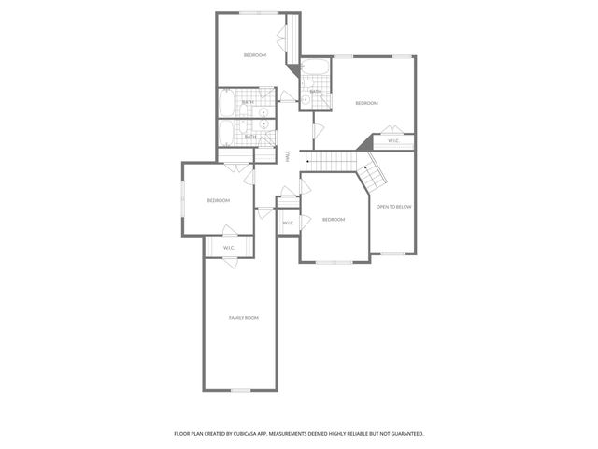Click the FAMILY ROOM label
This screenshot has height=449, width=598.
pyautogui.click(x=244, y=318)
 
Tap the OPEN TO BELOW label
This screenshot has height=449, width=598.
pyautogui.click(x=394, y=206)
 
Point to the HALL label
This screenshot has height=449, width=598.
pyautogui.click(x=288, y=156)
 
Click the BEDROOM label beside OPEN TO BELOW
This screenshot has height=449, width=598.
pyautogui.click(x=334, y=219)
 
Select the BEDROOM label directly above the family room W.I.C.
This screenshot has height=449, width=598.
pyautogui.click(x=218, y=200)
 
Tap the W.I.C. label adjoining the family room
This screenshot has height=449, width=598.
pyautogui.click(x=228, y=247)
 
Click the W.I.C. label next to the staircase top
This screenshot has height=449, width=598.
pyautogui.click(x=394, y=141)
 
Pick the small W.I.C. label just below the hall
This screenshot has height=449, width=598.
pyautogui.click(x=288, y=223)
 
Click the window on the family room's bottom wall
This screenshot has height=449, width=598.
pyautogui.click(x=240, y=390)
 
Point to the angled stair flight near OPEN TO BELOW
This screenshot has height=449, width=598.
pyautogui.click(x=375, y=170)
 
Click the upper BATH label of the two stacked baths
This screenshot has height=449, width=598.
pyautogui.click(x=248, y=102)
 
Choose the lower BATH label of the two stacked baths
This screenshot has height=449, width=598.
pyautogui.click(x=249, y=137)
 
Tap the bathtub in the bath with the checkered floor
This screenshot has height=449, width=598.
pyautogui.click(x=315, y=68)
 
